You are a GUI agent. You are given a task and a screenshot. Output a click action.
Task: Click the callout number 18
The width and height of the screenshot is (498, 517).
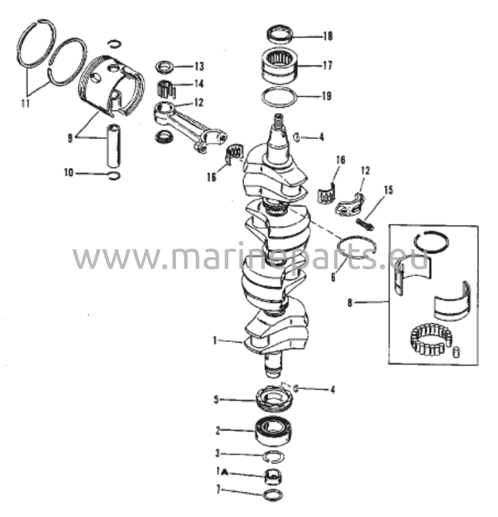pos(328,36)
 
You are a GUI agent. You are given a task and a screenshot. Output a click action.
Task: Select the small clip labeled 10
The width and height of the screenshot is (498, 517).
pos(115,175)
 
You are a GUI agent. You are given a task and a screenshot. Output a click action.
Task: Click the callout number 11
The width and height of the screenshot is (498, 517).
pos(26,104)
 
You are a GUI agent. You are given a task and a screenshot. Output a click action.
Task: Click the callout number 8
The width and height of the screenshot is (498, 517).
pos(350,303)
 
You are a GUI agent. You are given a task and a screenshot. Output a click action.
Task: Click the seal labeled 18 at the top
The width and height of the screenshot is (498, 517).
pos(280,35)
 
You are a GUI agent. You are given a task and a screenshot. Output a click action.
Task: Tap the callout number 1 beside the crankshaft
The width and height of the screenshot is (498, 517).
pos(215,341)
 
